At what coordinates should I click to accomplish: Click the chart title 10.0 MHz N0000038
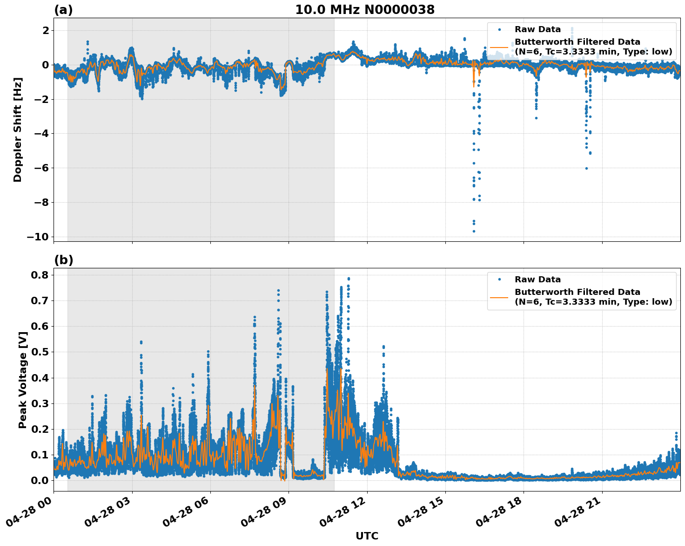click(364, 10)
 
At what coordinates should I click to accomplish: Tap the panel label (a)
click(63, 10)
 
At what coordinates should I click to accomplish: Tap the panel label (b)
click(63, 260)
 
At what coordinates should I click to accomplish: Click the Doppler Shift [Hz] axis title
click(18, 130)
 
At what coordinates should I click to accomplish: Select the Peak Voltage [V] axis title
click(22, 380)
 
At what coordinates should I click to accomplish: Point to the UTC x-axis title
click(367, 536)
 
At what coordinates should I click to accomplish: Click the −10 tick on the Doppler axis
click(38, 237)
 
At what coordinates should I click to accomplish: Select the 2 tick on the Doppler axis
click(46, 30)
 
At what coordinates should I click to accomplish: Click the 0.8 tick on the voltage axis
click(40, 275)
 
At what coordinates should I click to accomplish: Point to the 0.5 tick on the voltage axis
click(40, 352)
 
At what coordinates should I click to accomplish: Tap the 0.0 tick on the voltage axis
click(40, 480)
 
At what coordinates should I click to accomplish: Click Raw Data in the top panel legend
click(537, 30)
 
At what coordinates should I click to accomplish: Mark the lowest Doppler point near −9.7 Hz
click(474, 231)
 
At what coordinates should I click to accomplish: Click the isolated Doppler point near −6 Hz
click(586, 168)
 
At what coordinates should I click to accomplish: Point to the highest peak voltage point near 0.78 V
click(349, 279)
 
